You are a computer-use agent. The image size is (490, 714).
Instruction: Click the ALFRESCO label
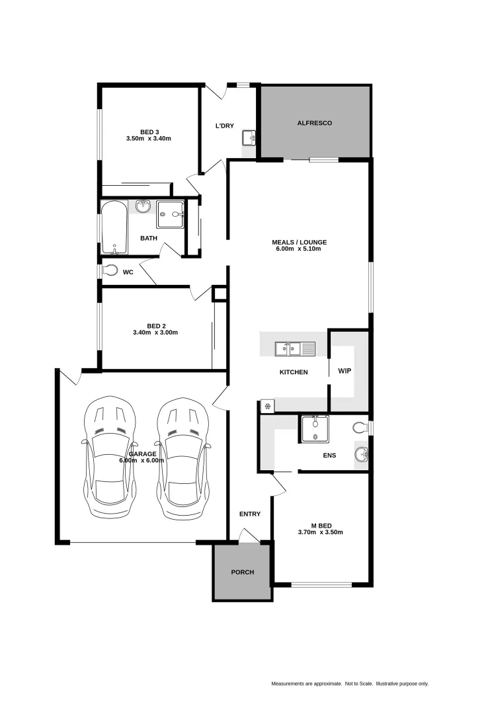(x=314, y=123)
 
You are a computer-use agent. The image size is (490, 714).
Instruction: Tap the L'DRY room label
(x=225, y=126)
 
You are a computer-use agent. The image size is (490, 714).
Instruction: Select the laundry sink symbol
(x=249, y=138)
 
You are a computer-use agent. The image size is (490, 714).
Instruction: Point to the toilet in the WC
(x=110, y=270)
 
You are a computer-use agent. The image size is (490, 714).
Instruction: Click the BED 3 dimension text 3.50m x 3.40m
(x=148, y=139)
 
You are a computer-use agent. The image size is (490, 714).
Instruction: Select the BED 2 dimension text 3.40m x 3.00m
(x=155, y=333)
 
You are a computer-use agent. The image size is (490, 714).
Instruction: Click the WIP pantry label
(x=345, y=372)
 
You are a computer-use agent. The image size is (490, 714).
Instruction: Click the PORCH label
(x=242, y=572)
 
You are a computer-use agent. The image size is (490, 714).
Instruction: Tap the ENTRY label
(x=250, y=514)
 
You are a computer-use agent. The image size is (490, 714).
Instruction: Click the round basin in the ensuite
(x=361, y=454)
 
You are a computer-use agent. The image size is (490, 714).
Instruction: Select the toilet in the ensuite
(x=360, y=428)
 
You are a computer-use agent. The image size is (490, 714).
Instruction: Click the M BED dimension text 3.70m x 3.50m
(x=320, y=532)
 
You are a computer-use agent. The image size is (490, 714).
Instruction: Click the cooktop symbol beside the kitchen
(x=267, y=407)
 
